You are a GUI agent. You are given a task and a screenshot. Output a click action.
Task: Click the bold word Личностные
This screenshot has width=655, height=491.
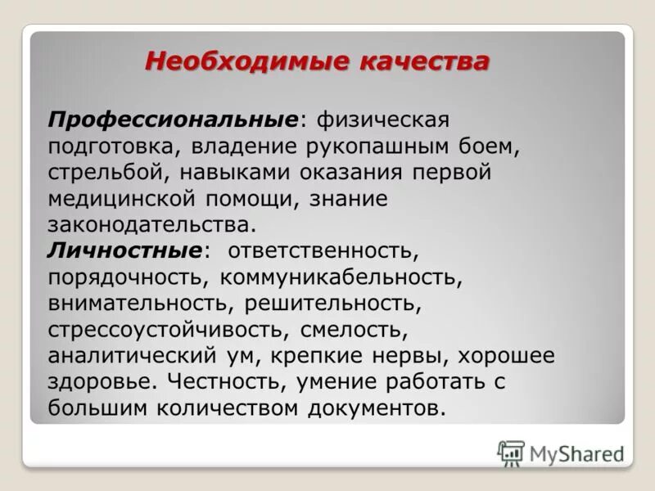[x=124, y=250]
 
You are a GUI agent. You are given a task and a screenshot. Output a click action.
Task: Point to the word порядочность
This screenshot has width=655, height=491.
[x=127, y=276]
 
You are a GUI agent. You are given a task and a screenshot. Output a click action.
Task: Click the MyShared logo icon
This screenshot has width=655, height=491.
[x=511, y=453]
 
